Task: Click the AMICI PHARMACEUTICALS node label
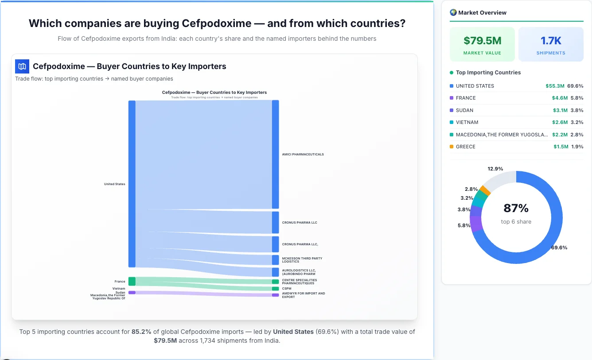pyautogui.click(x=303, y=155)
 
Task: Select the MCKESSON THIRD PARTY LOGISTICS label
pyautogui.click(x=302, y=260)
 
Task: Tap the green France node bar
pyautogui.click(x=132, y=281)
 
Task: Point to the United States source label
pyautogui.click(x=114, y=184)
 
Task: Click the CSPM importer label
pyautogui.click(x=287, y=289)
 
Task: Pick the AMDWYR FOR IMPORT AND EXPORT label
pyautogui.click(x=303, y=295)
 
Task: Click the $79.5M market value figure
pyautogui.click(x=482, y=41)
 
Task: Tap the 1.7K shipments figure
pyautogui.click(x=551, y=41)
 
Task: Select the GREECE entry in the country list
pyautogui.click(x=465, y=147)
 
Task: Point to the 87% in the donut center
pyautogui.click(x=516, y=208)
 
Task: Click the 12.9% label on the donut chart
pyautogui.click(x=495, y=169)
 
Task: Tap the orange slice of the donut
pyautogui.click(x=485, y=190)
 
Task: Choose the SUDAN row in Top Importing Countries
pyautogui.click(x=464, y=110)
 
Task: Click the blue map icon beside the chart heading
pyautogui.click(x=22, y=66)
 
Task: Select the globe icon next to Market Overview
pyautogui.click(x=453, y=12)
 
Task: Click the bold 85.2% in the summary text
pyautogui.click(x=141, y=332)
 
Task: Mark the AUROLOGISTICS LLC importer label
pyautogui.click(x=299, y=272)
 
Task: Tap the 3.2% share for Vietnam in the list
pyautogui.click(x=577, y=122)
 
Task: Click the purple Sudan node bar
pyautogui.click(x=132, y=292)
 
